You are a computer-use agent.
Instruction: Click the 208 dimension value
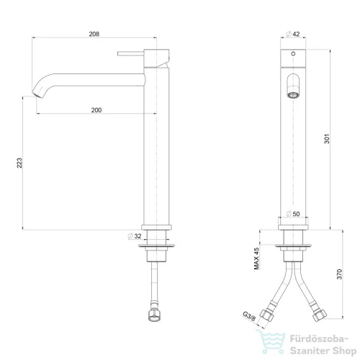click(94, 34)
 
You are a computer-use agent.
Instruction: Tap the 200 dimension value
click(96, 110)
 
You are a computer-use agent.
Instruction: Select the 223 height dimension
click(19, 163)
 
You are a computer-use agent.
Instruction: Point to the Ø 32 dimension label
click(135, 236)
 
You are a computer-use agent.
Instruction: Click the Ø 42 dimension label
click(293, 34)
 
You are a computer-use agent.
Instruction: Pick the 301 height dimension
click(327, 139)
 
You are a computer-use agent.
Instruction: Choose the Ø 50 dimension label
click(293, 214)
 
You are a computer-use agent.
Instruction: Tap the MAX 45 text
click(256, 258)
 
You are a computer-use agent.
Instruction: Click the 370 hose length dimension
click(339, 274)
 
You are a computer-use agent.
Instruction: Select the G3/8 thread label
click(249, 316)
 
